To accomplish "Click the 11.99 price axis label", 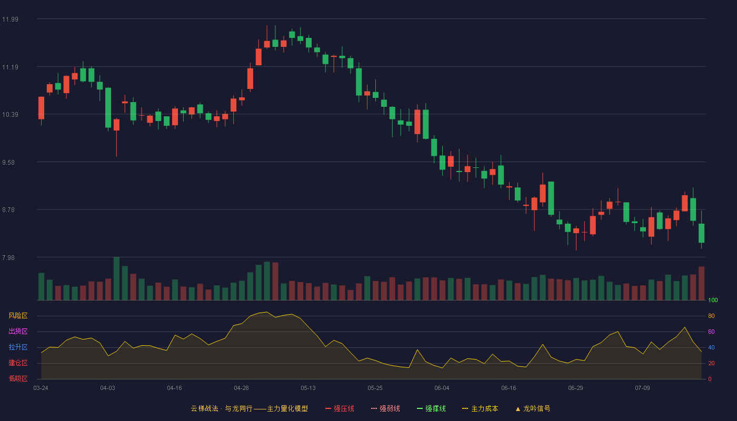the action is click(10, 19).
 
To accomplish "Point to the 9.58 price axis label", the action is click(8, 163).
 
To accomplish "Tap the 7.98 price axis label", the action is click(8, 258).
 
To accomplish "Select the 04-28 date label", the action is click(241, 388).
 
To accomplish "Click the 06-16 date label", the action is click(509, 388).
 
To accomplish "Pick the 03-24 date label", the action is click(41, 388).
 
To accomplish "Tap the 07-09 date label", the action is click(643, 388).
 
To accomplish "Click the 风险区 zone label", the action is click(18, 316).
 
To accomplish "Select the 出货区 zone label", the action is click(18, 331).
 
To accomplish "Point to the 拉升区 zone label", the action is click(18, 347).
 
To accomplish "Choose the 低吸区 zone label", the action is click(18, 378).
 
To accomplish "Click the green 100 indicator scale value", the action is click(713, 300).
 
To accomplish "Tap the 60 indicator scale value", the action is click(711, 332).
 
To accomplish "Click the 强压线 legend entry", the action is click(340, 408).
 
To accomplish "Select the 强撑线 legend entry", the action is click(431, 408).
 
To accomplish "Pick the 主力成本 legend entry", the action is click(480, 408).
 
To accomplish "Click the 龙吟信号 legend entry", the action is click(533, 408).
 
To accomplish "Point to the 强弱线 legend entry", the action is click(385, 408).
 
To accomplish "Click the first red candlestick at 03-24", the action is click(41, 108).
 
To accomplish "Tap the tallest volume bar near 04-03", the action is click(116, 278).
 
